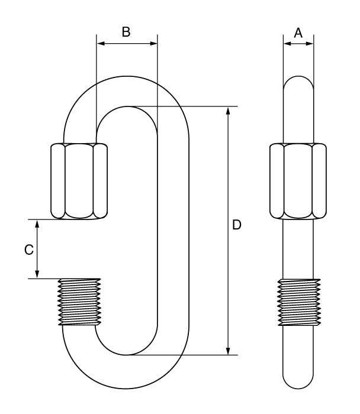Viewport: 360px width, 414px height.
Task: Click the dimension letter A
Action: [x=298, y=33]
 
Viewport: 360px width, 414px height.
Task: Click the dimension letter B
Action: [x=126, y=32]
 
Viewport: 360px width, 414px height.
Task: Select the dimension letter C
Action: [x=28, y=250]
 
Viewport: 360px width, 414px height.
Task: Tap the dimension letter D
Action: [x=236, y=225]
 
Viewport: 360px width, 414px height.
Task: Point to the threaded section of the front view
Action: [x=79, y=301]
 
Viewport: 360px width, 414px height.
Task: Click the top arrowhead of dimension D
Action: [x=228, y=111]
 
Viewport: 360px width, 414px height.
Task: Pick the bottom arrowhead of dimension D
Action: [x=228, y=351]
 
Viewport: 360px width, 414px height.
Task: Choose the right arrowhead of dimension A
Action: [x=310, y=43]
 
